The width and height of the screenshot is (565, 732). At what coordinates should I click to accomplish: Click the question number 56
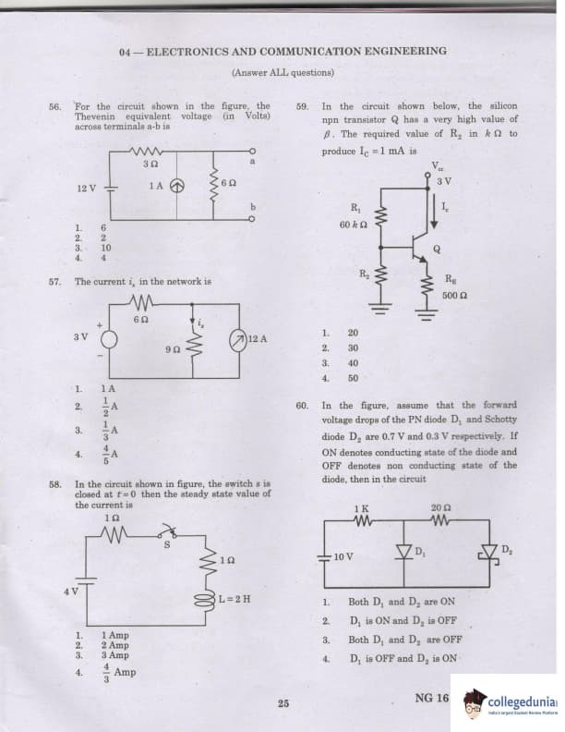tap(54, 106)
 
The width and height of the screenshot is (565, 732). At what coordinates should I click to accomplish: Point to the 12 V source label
tap(88, 188)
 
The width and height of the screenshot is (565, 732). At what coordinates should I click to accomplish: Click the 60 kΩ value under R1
tap(355, 225)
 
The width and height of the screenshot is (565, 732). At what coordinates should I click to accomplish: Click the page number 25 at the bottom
tap(283, 704)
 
